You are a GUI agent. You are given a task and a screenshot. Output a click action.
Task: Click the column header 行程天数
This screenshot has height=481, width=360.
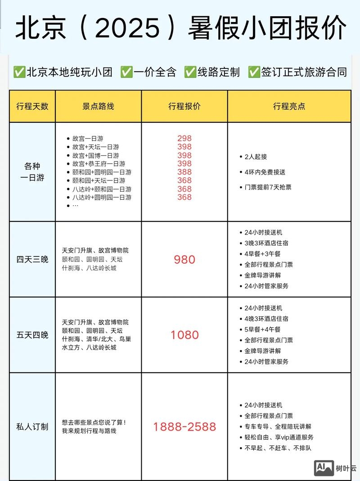pyautogui.click(x=32, y=107)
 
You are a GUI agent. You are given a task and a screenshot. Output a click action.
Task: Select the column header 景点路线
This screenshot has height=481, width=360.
pyautogui.click(x=98, y=107)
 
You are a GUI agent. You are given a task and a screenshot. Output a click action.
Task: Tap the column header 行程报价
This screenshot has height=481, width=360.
pyautogui.click(x=184, y=107)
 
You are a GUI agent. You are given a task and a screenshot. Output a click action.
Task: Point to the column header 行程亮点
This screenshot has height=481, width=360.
pyautogui.click(x=289, y=107)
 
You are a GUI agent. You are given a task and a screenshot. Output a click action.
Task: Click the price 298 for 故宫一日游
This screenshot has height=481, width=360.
pyautogui.click(x=184, y=139)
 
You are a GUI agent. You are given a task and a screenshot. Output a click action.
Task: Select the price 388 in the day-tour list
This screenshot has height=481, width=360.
pyautogui.click(x=184, y=172)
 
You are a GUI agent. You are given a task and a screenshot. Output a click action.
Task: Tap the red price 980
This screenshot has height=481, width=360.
pyautogui.click(x=184, y=260)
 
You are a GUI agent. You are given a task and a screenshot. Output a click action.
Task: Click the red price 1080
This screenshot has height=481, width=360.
pyautogui.click(x=184, y=335)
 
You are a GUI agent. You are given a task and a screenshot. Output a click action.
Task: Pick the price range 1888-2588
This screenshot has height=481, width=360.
pyautogui.click(x=184, y=427)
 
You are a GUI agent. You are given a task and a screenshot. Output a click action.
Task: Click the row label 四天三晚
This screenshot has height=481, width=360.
pyautogui.click(x=32, y=260)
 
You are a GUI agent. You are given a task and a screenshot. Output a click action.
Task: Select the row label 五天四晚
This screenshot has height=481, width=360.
pyautogui.click(x=32, y=335)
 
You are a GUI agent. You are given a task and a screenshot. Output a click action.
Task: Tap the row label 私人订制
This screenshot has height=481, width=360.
pyautogui.click(x=32, y=427)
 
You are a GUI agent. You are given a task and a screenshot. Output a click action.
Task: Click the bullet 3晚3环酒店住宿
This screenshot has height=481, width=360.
pyautogui.click(x=266, y=243)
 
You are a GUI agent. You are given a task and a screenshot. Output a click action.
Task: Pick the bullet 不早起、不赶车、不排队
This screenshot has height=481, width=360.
pyautogui.click(x=278, y=448)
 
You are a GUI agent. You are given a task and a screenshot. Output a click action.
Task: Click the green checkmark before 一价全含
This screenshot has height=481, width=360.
pyautogui.click(x=126, y=72)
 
